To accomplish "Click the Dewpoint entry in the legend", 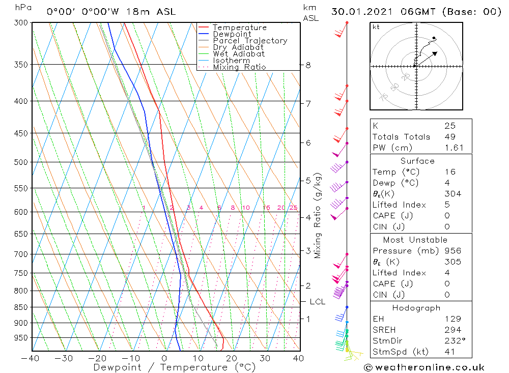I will [x=232, y=34].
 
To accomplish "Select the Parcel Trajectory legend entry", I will [x=249, y=41].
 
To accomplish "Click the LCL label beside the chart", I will [x=317, y=302].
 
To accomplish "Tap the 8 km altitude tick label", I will [x=308, y=65].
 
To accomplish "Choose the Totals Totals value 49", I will [x=450, y=136].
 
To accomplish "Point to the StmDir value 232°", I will [x=453, y=340].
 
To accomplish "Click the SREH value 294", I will [x=451, y=330].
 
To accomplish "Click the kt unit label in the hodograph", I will [x=376, y=26].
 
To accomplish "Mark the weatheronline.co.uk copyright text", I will [x=424, y=367].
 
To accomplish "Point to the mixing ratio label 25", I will [x=293, y=208].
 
